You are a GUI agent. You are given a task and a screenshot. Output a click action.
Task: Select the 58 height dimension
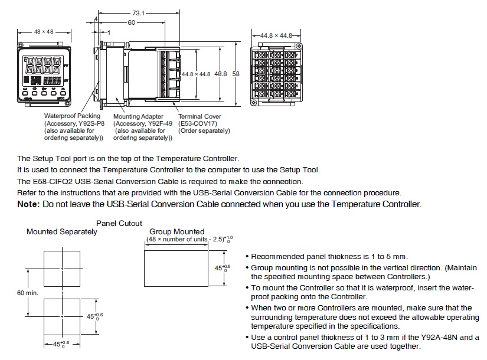coord(236,74)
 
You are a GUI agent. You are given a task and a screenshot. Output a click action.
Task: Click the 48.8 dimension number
coord(221,74)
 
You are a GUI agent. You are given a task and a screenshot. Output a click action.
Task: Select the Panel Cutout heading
coord(119,224)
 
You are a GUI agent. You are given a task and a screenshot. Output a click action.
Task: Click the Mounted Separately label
coord(62,232)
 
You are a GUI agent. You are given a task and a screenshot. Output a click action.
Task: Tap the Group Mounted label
coord(177,232)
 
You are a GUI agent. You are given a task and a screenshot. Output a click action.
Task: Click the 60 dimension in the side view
coord(131,22)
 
